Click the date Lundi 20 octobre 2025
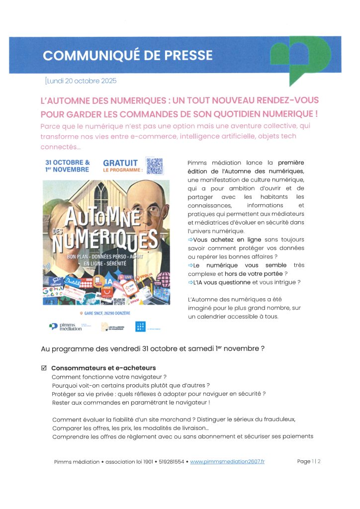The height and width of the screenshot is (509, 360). tap(81, 81)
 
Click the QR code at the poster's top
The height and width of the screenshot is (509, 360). tap(154, 166)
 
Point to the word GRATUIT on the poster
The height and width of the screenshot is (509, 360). tap(120, 163)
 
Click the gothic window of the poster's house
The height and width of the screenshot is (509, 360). tap(101, 195)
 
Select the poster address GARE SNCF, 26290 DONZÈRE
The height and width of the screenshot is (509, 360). tap(105, 313)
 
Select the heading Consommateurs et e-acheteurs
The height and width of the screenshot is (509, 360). tap(103, 368)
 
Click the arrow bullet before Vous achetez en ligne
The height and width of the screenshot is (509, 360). tap(190, 240)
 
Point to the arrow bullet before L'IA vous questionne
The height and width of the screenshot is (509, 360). tap(190, 282)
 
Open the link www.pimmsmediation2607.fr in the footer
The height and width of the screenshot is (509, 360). tap(227, 462)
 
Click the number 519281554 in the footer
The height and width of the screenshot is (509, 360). tap(172, 462)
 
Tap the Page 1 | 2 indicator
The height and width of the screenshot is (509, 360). tap(309, 462)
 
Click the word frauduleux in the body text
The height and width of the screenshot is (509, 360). tap(278, 419)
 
